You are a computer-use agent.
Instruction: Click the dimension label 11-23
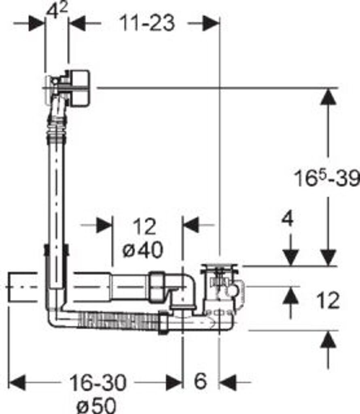pos(147,23)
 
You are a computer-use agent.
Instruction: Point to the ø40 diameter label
pos(143,250)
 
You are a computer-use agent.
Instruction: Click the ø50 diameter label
pos(96,405)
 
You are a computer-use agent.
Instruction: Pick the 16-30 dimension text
pos(98,382)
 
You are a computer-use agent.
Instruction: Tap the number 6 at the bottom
pos(200,381)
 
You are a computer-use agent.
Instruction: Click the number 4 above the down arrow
pos(288,219)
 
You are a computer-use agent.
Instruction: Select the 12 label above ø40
pos(144,226)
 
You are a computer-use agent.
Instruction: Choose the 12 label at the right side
pos(328,300)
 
